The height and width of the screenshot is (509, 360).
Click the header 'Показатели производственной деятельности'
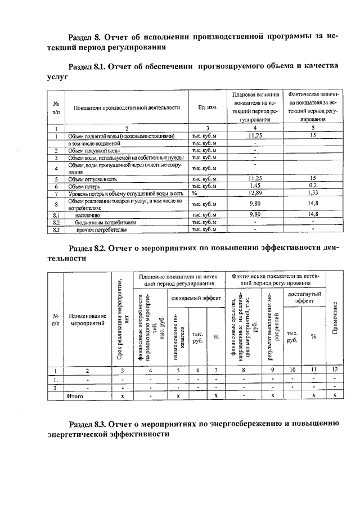(x=127, y=107)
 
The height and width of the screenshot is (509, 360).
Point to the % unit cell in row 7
(x=194, y=193)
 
